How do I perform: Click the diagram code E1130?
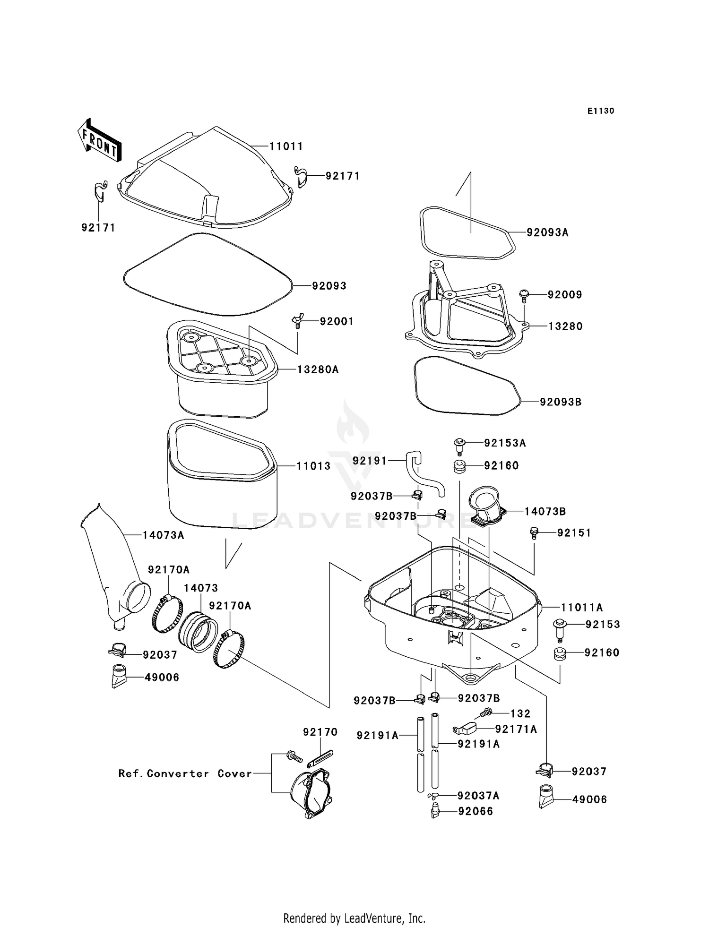(601, 111)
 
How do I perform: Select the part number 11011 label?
(286, 146)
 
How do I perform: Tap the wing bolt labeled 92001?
(296, 321)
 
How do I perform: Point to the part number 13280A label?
(318, 369)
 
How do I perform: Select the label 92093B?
(561, 402)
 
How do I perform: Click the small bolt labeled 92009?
(524, 295)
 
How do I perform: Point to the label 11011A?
(582, 608)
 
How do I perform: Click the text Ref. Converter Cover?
(184, 773)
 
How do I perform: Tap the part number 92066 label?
(476, 811)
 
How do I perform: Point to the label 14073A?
(163, 535)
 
